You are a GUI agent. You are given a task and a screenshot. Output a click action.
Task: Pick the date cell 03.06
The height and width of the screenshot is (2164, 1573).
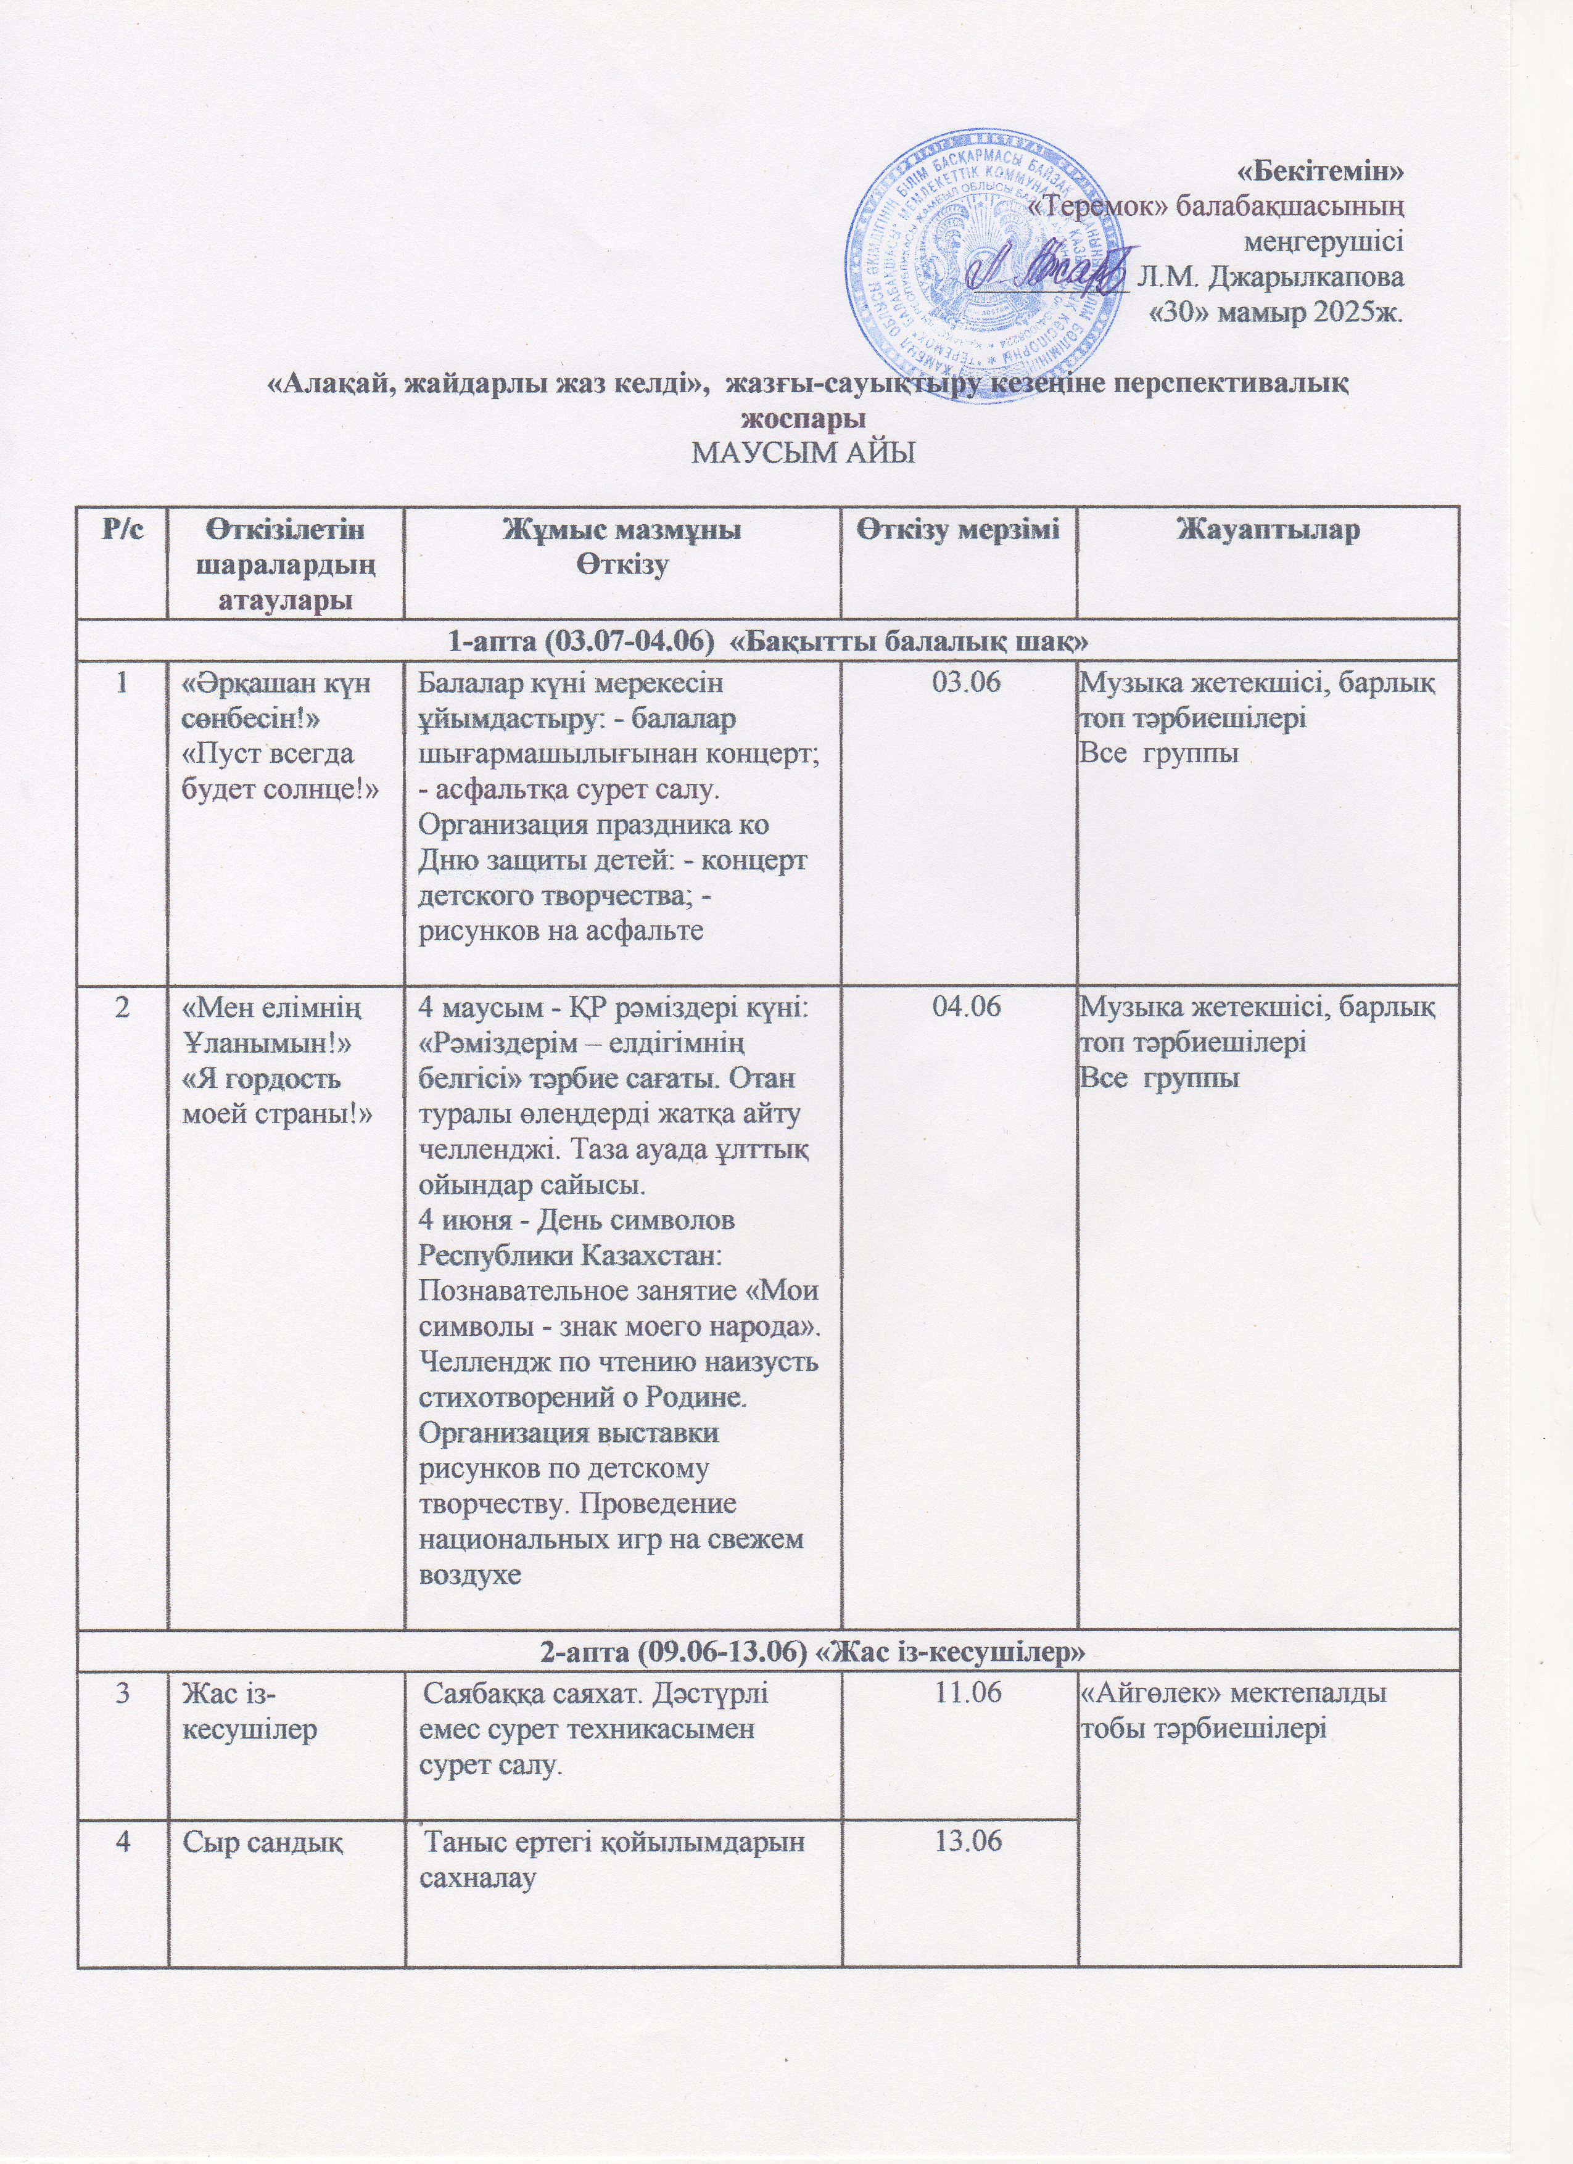pos(959,684)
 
